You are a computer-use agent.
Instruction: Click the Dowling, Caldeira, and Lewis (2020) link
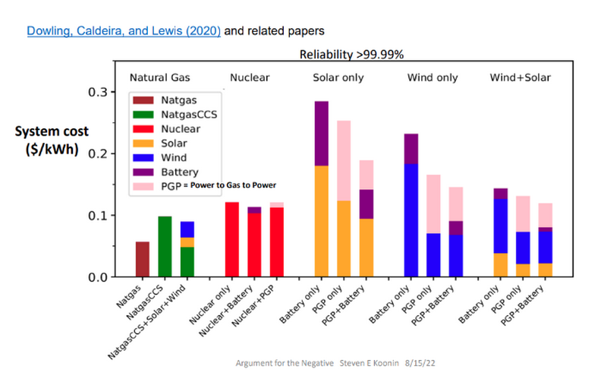pos(124,32)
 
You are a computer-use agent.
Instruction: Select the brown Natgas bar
pos(143,259)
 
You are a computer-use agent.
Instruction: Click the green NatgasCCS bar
pos(165,247)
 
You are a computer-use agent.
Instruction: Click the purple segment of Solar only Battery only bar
pos(321,133)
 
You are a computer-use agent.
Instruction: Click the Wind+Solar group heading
pos(520,77)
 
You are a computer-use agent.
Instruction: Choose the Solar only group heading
pos(338,77)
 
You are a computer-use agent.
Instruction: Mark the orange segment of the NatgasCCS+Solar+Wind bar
pos(187,242)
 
